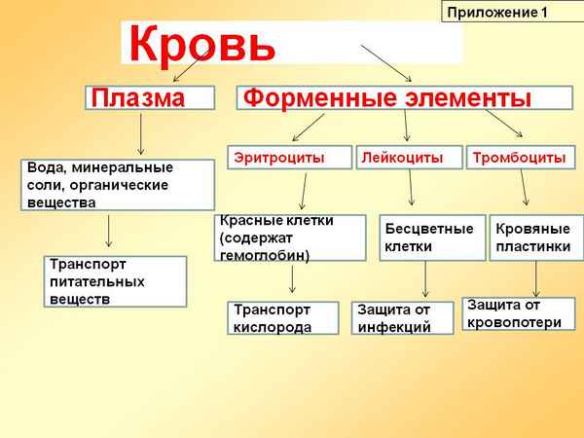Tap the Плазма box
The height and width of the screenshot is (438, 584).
point(150,98)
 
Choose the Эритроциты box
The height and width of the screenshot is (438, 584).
point(276,157)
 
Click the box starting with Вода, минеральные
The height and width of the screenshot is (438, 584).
point(118,185)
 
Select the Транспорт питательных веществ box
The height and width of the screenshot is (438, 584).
point(115,281)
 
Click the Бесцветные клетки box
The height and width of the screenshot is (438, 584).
point(432,237)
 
